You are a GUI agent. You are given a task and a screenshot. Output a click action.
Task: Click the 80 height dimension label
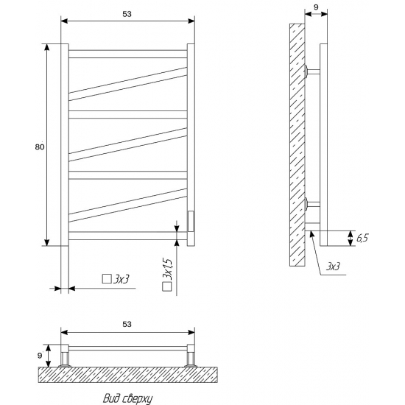[40, 147]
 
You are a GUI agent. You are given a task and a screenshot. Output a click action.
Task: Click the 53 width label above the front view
[127, 14]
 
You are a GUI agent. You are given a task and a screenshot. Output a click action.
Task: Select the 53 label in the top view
[127, 324]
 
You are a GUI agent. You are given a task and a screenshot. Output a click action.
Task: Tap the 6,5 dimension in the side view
[362, 238]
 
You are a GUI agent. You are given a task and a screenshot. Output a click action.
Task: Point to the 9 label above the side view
[316, 7]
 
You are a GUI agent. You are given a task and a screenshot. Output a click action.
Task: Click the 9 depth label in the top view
[40, 356]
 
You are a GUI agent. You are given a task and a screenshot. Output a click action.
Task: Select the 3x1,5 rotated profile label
[167, 269]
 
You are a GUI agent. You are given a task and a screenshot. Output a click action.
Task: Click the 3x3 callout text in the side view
[333, 267]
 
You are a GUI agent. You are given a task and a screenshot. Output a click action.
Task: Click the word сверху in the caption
[136, 398]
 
